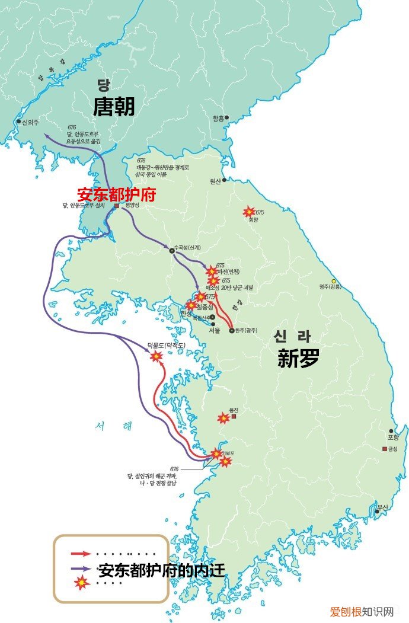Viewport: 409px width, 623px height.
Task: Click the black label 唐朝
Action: [114, 107]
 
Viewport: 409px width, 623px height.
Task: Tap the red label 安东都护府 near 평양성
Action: [116, 194]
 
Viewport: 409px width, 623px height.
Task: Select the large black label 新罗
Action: [298, 358]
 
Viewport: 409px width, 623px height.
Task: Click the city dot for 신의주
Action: [18, 122]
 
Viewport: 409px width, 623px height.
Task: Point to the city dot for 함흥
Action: [226, 118]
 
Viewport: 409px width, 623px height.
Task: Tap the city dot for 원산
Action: [224, 180]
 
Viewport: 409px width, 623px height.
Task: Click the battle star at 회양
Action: [250, 212]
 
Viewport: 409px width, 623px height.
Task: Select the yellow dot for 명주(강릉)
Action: [334, 281]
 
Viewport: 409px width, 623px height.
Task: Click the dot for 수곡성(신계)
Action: [172, 251]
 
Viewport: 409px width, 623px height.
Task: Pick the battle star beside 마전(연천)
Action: [212, 271]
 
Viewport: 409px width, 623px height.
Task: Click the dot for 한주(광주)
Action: [232, 331]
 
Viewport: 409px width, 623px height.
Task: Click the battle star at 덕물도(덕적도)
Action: [156, 356]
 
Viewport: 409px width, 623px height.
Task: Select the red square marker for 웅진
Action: [234, 417]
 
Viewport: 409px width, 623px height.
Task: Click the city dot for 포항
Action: [391, 431]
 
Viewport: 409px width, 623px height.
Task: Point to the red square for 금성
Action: [385, 448]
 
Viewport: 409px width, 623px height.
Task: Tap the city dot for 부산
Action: [377, 510]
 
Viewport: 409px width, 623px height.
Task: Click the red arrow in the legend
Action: [80, 554]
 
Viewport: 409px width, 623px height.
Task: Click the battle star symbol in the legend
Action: [81, 583]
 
